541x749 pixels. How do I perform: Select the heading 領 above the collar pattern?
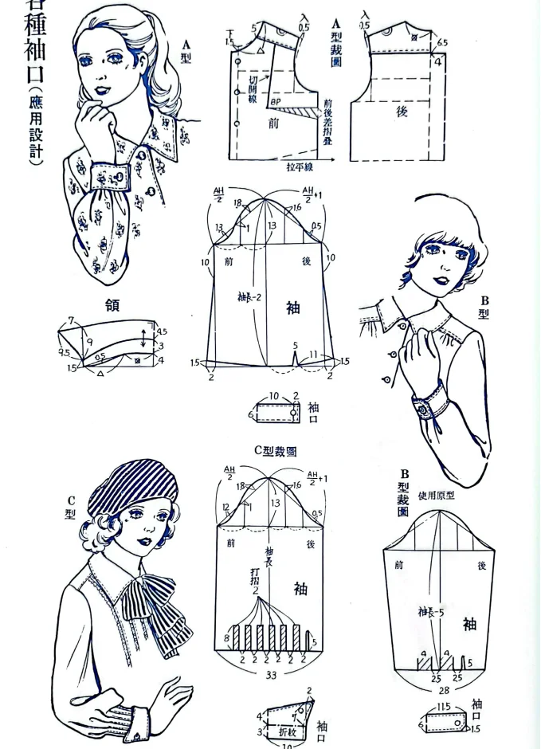click(x=112, y=304)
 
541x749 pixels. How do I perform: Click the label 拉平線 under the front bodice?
click(x=300, y=167)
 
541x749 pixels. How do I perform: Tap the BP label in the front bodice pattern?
click(x=276, y=103)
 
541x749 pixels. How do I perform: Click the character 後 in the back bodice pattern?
click(x=402, y=112)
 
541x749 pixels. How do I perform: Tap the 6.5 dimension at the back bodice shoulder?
click(x=441, y=42)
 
